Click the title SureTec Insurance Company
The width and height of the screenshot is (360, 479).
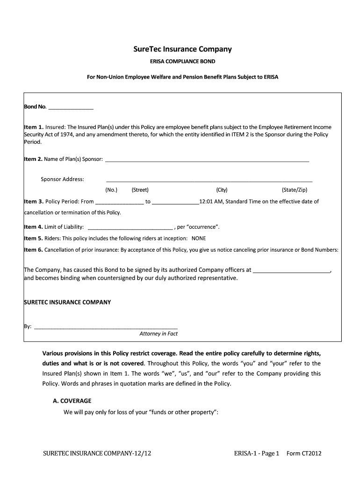pos(180,49)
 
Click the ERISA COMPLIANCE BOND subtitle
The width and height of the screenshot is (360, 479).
pos(180,61)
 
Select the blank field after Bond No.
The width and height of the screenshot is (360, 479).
pos(71,107)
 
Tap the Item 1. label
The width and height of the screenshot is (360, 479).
pos(34,127)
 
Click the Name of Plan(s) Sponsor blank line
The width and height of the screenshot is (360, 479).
pos(207,160)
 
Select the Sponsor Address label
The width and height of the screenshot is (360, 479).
pos(63,179)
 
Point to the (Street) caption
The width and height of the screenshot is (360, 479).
pos(140,190)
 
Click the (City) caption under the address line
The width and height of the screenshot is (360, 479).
pos(222,190)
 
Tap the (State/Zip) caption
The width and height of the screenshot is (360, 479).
pos(295,190)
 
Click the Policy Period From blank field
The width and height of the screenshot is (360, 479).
pos(119,202)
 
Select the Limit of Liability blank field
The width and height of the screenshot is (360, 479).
pos(130,227)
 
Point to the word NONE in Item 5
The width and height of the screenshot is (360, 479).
pos(199,238)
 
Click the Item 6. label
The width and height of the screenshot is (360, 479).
pos(34,250)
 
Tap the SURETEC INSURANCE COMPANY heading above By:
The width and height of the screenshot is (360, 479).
pos(67,302)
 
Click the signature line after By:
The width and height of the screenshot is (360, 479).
pos(106,327)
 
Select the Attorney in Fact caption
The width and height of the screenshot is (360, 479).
pos(158,334)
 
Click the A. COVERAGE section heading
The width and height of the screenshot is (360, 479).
pos(72,401)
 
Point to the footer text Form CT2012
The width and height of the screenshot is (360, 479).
pos(304,453)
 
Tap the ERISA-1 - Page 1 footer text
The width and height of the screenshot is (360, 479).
pos(256,453)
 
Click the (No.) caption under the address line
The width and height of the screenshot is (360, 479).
pos(111,190)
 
